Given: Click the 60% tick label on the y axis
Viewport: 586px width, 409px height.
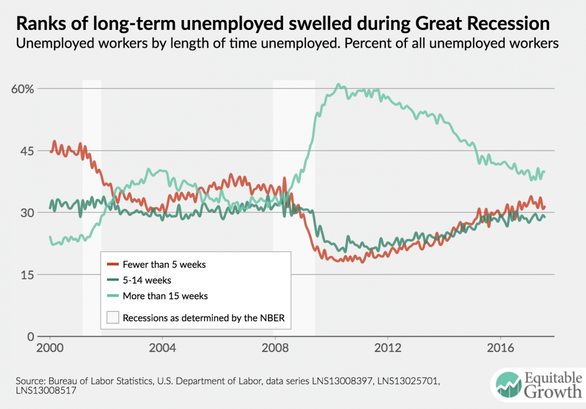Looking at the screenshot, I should coord(22,89).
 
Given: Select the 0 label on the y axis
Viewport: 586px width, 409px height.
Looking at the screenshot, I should coord(30,337).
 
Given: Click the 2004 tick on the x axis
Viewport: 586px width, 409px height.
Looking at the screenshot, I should coord(162,347).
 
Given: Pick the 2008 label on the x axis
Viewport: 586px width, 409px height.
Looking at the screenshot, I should coord(275,347).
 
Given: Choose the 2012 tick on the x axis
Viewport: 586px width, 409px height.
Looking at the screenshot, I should coord(387,347).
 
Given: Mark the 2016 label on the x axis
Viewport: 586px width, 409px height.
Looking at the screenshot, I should coord(500,347).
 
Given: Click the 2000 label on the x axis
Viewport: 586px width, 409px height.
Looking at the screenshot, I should coord(50,347).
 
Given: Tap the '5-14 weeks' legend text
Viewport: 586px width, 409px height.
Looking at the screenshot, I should coord(146,280).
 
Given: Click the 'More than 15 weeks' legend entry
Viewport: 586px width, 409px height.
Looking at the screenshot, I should coord(165,296).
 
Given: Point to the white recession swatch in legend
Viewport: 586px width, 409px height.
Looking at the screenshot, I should coord(112,318).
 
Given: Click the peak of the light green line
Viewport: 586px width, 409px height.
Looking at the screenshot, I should coord(338,85).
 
